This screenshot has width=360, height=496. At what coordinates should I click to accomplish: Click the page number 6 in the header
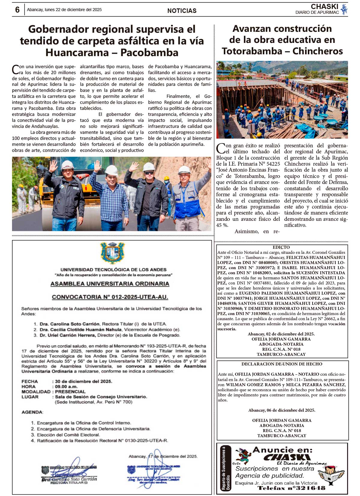click(x=17, y=10)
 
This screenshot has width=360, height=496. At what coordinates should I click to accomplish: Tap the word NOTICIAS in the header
click(x=182, y=11)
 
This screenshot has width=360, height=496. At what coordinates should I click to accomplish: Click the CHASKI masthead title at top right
click(x=324, y=7)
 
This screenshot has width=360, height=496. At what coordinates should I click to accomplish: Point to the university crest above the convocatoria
click(x=112, y=253)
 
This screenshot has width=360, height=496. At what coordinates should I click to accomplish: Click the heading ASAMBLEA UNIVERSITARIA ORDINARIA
click(x=110, y=284)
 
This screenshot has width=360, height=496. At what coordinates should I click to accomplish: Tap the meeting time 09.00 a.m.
click(x=66, y=386)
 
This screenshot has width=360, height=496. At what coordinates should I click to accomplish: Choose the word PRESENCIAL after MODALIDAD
click(x=70, y=392)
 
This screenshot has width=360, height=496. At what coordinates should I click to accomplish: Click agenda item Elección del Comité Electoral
click(x=68, y=435)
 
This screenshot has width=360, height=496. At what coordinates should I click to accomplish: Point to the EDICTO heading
click(x=281, y=247)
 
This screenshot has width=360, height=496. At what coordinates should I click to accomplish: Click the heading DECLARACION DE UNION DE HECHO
click(x=282, y=364)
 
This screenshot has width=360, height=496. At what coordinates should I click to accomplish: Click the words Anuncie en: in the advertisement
click(x=282, y=450)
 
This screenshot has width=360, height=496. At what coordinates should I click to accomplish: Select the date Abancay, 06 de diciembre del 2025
click(x=282, y=410)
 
